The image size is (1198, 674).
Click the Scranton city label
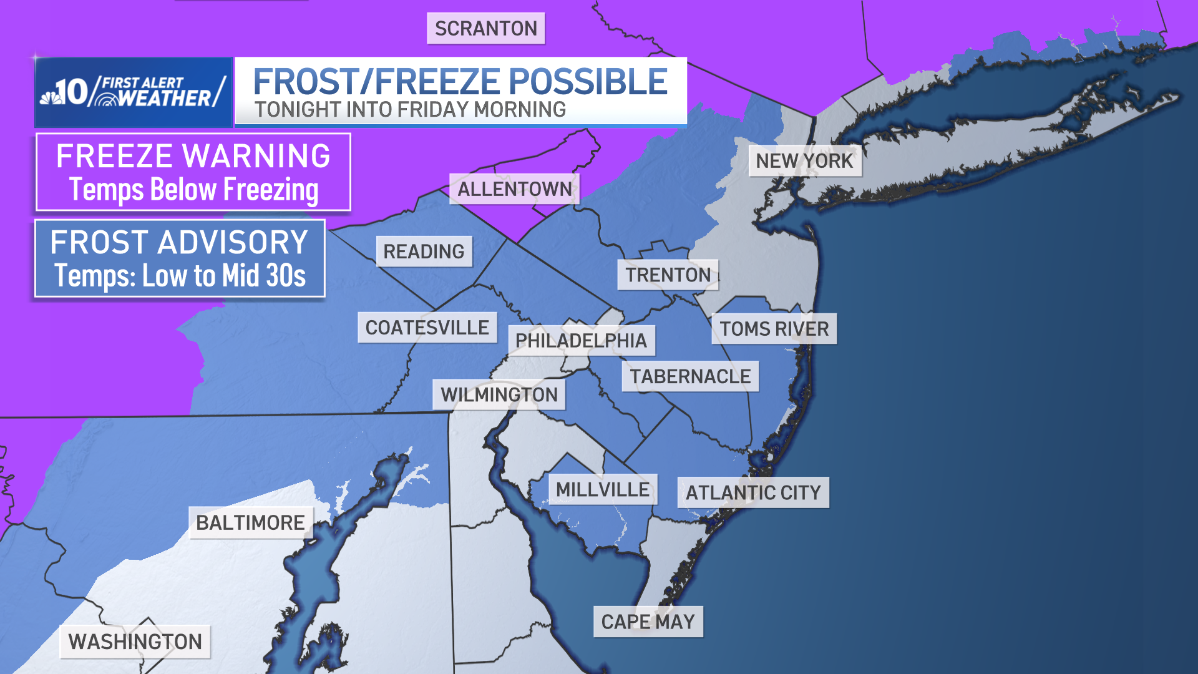(x=485, y=29)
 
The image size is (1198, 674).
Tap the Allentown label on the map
(x=514, y=189)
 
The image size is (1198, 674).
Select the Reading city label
(x=424, y=252)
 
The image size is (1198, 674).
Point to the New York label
(x=804, y=161)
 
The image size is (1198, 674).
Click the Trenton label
(x=668, y=275)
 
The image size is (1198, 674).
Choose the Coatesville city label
(x=427, y=328)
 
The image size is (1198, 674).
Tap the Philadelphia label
(x=581, y=341)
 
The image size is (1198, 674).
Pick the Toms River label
(x=774, y=329)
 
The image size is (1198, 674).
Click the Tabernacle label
(x=690, y=376)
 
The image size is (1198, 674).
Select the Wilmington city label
(x=499, y=395)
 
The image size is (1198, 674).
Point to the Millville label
(x=602, y=490)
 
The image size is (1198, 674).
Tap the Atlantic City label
(x=753, y=493)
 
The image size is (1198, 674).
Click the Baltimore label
(x=250, y=523)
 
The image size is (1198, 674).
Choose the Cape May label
(x=648, y=622)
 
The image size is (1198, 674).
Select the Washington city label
(x=135, y=642)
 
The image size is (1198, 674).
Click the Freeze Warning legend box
(x=193, y=172)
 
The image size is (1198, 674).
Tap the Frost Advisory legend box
(x=180, y=258)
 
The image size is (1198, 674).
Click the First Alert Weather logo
(x=134, y=92)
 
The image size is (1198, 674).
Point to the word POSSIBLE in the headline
(x=588, y=82)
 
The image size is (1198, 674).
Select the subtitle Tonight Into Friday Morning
(x=410, y=110)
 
